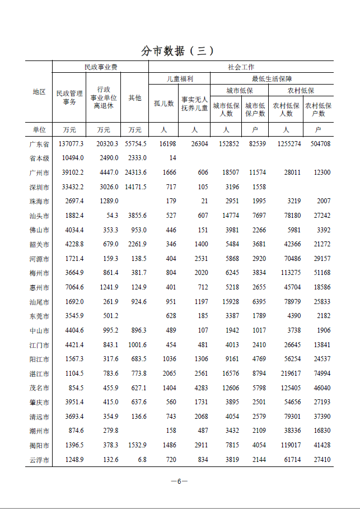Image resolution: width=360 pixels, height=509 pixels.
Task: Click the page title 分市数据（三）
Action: [x=178, y=50]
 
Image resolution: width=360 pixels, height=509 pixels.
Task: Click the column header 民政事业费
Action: [x=101, y=67]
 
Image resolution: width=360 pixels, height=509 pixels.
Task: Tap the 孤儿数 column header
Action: [x=164, y=104]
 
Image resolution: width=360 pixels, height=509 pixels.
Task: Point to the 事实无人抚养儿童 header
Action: [x=194, y=104]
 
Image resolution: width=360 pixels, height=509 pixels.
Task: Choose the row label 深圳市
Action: [x=39, y=187]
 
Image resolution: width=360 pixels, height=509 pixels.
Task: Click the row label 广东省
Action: [x=39, y=144]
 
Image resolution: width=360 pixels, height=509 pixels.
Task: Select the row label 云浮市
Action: [x=39, y=460]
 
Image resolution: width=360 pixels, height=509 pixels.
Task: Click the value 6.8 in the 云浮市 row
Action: [x=142, y=460]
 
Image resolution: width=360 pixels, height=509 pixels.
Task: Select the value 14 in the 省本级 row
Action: [x=172, y=158]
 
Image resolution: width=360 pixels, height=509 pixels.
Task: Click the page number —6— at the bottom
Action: [x=179, y=481]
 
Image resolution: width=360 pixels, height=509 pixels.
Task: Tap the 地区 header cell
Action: [x=39, y=92]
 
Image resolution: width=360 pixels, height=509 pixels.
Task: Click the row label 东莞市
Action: [x=39, y=316]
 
